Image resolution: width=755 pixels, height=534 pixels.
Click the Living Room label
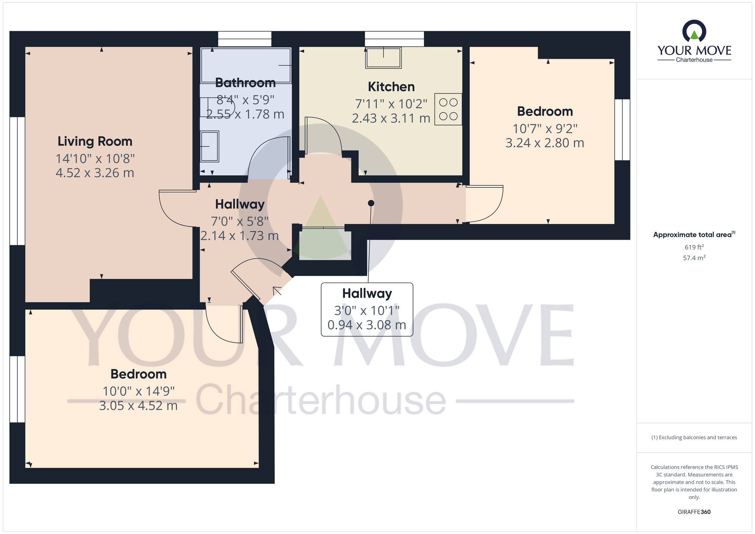[95, 141]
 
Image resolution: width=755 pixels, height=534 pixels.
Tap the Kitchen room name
[391, 87]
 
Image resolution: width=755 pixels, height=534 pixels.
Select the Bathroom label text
[245, 83]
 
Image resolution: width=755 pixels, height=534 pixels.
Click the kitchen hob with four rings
[448, 109]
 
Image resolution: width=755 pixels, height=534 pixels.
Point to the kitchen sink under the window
[383, 58]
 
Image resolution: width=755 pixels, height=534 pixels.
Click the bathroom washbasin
[210, 146]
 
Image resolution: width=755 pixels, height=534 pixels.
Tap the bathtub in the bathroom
[246, 65]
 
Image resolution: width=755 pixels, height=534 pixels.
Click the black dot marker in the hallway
[371, 203]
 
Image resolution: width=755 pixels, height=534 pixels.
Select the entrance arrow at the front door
[277, 290]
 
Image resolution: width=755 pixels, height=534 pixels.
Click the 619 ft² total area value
[694, 247]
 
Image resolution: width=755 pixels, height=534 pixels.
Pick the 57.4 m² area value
[694, 258]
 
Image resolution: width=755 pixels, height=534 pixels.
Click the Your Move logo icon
[694, 31]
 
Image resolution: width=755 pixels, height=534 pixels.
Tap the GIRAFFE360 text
[694, 512]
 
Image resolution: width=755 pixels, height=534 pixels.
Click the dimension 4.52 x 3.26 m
[95, 173]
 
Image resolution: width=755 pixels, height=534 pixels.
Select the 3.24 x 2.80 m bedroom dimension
[544, 143]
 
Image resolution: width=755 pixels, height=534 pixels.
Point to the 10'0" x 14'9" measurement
[139, 391]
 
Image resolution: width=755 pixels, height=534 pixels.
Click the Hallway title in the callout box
[367, 293]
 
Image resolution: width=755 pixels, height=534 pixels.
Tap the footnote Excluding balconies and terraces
[694, 438]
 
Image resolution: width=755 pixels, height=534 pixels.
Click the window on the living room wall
[17, 181]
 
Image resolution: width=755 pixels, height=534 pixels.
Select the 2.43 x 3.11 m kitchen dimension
[391, 119]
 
